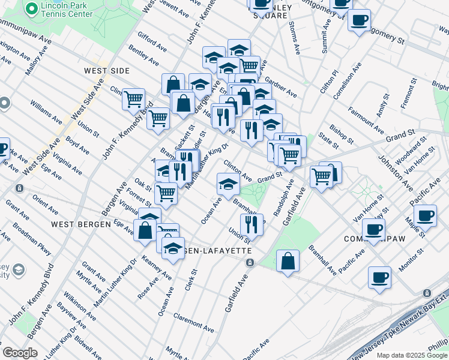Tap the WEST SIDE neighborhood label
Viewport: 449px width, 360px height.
[x=107, y=71]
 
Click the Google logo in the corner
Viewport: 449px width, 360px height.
[x=20, y=352]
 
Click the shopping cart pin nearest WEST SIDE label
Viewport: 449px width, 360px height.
[x=133, y=98]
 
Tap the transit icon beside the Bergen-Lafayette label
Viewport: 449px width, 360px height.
[x=250, y=263]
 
